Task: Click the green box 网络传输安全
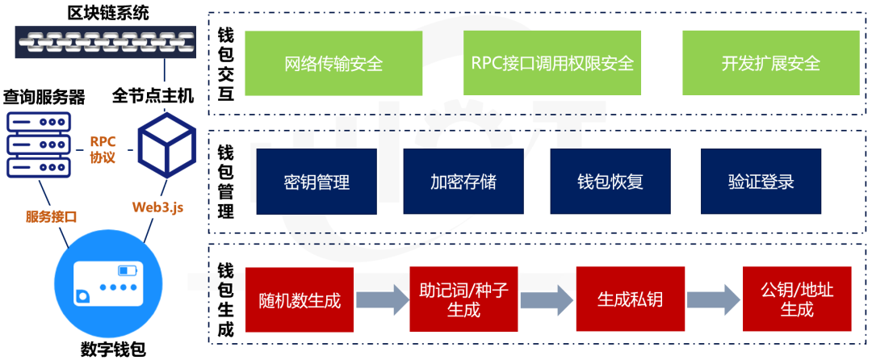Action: pos(333,63)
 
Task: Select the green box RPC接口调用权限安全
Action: pos(552,63)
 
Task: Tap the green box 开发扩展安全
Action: pos(770,63)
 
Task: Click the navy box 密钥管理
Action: pos(317,182)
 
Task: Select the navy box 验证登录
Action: pos(761,182)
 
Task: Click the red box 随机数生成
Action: pos(300,299)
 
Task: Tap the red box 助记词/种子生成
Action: pos(463,299)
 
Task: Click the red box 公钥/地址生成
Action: pos(796,299)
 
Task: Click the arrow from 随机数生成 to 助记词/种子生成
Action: pos(383,300)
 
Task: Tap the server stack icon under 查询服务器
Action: pos(37,145)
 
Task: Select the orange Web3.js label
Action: pos(158,207)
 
